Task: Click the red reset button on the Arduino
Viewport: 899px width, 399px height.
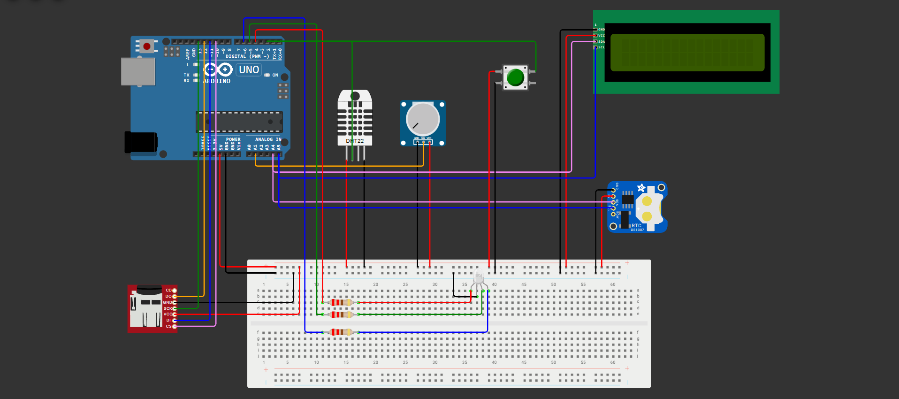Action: (x=147, y=46)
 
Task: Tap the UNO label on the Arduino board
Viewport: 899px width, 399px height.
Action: (x=249, y=69)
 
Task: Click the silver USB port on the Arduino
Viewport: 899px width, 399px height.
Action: (x=138, y=71)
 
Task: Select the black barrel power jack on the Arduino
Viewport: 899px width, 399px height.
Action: (x=140, y=142)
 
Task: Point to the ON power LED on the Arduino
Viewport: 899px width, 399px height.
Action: (x=267, y=75)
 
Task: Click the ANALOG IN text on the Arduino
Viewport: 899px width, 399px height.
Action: (x=268, y=139)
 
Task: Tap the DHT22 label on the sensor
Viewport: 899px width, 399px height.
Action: (x=355, y=141)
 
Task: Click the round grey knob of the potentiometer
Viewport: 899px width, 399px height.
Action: (x=422, y=119)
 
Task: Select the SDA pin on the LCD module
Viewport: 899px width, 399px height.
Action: (x=596, y=41)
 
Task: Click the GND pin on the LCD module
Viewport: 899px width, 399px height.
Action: (x=596, y=30)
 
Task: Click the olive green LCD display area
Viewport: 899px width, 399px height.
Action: (x=687, y=52)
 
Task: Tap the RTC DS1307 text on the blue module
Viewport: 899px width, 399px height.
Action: (x=637, y=227)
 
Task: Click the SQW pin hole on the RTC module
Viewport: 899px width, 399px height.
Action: (x=613, y=214)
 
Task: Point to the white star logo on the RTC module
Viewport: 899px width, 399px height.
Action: (x=641, y=188)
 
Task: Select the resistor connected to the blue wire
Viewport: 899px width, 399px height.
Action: (x=341, y=332)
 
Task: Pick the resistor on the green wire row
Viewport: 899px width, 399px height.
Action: (x=341, y=315)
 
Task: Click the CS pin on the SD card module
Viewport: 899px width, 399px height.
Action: (x=175, y=326)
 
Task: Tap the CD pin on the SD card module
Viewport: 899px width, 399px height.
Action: (x=175, y=290)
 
